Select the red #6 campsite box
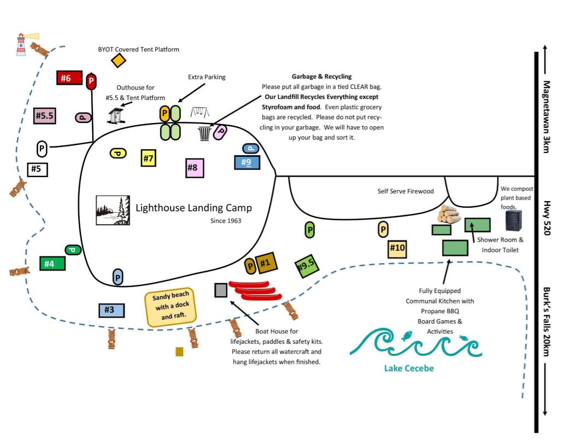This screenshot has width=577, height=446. click(69, 78)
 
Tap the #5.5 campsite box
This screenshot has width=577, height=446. click(44, 116)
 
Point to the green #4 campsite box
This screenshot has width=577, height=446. click(52, 263)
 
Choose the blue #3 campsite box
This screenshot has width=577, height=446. click(111, 310)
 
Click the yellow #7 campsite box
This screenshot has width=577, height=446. click(148, 158)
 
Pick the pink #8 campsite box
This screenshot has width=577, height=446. click(195, 167)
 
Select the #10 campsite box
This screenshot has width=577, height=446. click(397, 249)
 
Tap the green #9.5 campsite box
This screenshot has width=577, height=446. click(306, 266)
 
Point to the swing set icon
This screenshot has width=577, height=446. click(199, 113)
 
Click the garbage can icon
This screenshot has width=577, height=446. click(204, 133)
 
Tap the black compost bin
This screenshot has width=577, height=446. click(514, 220)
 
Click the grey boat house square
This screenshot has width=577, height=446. click(221, 290)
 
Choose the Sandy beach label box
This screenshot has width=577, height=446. click(171, 309)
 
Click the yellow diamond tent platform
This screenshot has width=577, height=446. click(118, 61)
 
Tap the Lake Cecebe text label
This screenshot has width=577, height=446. click(409, 368)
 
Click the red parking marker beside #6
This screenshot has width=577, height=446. click(91, 81)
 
